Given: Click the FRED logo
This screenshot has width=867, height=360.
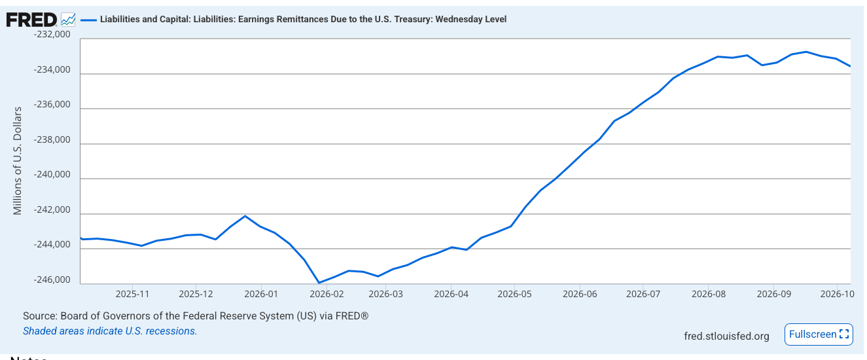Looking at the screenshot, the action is [x=31, y=20].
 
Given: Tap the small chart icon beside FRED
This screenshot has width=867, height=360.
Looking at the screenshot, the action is [x=68, y=20].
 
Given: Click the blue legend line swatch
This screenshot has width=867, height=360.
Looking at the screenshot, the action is [x=88, y=20].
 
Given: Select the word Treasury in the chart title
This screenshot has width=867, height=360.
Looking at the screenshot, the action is [x=414, y=20].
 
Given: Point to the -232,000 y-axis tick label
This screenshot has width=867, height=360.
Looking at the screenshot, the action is [x=52, y=35].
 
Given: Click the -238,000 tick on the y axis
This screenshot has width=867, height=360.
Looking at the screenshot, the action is [x=52, y=139].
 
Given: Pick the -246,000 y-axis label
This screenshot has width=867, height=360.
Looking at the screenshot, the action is [x=52, y=280].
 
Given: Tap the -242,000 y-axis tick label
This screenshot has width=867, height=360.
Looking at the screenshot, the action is [x=52, y=210].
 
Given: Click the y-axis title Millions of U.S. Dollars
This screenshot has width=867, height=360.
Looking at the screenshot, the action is [x=18, y=161].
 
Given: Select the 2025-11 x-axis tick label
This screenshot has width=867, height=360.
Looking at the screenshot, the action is [x=132, y=294].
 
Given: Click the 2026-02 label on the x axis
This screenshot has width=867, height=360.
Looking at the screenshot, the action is [x=327, y=294].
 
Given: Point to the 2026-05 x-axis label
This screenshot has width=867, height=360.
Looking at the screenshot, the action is [x=514, y=294].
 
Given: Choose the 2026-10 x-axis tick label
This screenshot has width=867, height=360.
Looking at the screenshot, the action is [x=837, y=294].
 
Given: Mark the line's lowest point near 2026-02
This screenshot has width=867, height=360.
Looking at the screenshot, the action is [x=319, y=283].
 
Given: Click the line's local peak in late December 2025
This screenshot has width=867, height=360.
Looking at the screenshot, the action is [x=245, y=216].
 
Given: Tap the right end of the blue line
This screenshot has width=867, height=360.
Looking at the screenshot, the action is [x=850, y=66].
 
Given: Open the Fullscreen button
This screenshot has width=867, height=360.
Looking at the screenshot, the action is [x=819, y=334].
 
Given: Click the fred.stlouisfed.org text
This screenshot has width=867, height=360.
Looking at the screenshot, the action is [x=726, y=336].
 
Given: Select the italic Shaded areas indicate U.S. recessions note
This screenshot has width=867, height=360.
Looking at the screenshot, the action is [x=110, y=331].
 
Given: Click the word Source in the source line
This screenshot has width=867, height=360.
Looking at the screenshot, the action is [x=41, y=316].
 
